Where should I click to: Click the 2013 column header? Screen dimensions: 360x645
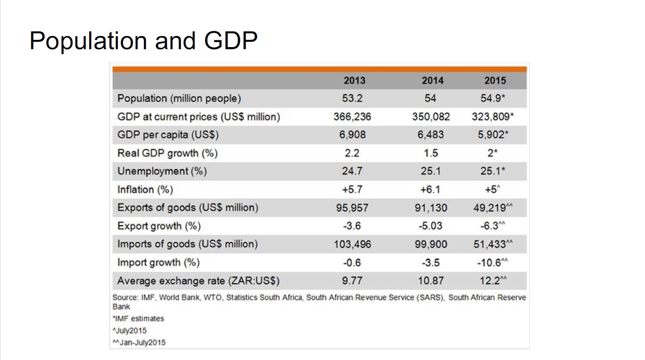point(354,80)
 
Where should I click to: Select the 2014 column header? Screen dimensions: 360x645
point(433,80)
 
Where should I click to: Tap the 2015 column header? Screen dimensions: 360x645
point(495,80)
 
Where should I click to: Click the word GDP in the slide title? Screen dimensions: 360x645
point(231,41)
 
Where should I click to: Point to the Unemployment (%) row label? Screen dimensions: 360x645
point(162,171)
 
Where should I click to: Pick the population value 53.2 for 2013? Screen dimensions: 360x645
point(352,98)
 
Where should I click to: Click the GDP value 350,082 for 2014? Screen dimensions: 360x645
point(431,116)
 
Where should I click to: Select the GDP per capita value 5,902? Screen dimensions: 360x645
point(491,135)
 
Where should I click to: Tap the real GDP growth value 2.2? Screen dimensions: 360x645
point(352,153)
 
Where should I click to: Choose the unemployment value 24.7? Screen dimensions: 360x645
point(352,171)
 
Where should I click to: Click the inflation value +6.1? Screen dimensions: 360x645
point(430,190)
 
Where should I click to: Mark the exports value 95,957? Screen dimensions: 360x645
point(352,208)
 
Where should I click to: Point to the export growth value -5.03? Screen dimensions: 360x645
point(430,226)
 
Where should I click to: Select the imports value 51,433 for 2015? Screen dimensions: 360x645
point(490,244)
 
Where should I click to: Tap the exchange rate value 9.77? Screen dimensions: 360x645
point(352,281)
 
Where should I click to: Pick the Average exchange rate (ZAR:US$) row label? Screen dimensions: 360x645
point(198,281)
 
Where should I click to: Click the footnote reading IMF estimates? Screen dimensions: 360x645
point(139,319)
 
